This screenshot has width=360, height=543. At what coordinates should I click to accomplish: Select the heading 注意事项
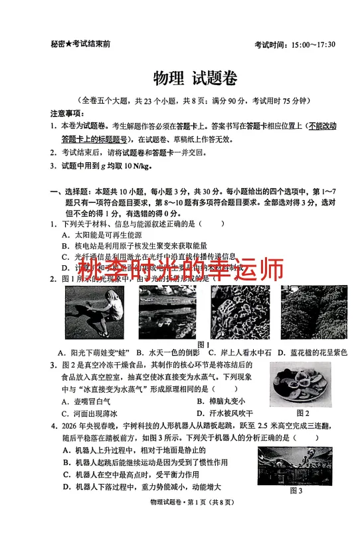coord(66,112)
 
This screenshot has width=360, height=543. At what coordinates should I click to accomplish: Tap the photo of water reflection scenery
coord(167,313)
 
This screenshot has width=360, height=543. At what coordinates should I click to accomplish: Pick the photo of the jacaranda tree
coord(314,312)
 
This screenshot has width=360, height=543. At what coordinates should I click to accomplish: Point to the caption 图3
coord(296,490)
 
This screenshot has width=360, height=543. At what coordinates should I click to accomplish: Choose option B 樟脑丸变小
coord(221,401)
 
